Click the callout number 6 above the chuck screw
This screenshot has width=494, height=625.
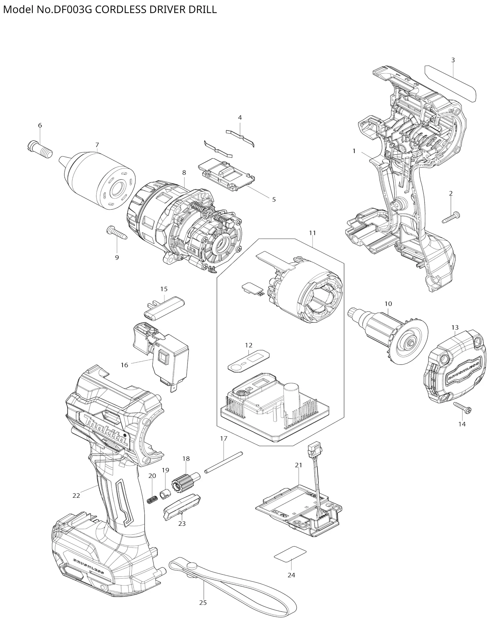point(40,125)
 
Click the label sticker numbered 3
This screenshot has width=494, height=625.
point(451,83)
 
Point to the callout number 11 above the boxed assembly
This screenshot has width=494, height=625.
point(312,233)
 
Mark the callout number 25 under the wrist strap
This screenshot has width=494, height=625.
point(203,602)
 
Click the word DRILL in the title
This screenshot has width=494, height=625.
point(203,10)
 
